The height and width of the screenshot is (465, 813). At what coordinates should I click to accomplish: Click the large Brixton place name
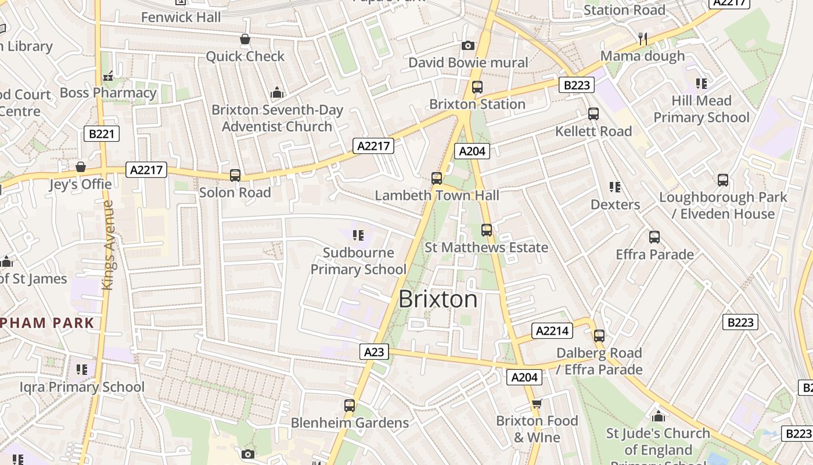[x=438, y=299]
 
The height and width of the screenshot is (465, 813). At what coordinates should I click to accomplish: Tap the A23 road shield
[x=374, y=352]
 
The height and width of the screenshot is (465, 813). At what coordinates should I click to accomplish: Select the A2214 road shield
[x=552, y=331]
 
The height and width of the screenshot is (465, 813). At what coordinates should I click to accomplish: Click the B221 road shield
[x=102, y=134]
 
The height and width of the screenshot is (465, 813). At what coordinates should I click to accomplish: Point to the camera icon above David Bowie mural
[x=467, y=45]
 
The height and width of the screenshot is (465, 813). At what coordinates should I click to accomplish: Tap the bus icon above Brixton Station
[x=477, y=87]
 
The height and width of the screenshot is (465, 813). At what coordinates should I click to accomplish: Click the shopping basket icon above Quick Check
[x=245, y=39]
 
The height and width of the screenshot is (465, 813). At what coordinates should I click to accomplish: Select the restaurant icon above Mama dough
[x=642, y=39]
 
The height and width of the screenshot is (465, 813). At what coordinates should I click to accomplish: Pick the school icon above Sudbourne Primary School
[x=358, y=235]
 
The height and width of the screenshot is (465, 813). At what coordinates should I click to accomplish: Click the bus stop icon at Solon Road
[x=235, y=175]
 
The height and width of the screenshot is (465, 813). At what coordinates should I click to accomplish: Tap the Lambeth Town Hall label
[x=437, y=195]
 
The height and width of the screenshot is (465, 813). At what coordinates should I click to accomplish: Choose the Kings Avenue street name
[x=107, y=245]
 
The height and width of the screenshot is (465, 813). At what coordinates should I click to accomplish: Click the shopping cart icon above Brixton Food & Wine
[x=537, y=403]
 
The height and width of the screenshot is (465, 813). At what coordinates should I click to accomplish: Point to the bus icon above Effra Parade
[x=654, y=237]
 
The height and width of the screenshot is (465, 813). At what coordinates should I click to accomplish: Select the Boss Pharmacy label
[x=108, y=92]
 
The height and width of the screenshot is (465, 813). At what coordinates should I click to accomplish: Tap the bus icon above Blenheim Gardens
[x=350, y=406]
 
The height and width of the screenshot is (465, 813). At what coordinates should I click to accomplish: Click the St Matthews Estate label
[x=486, y=248]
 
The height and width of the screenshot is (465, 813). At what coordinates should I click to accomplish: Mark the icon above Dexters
[x=615, y=187]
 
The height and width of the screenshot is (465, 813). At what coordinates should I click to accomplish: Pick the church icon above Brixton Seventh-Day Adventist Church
[x=277, y=92]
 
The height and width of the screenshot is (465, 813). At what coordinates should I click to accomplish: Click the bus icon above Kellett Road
[x=593, y=114]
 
